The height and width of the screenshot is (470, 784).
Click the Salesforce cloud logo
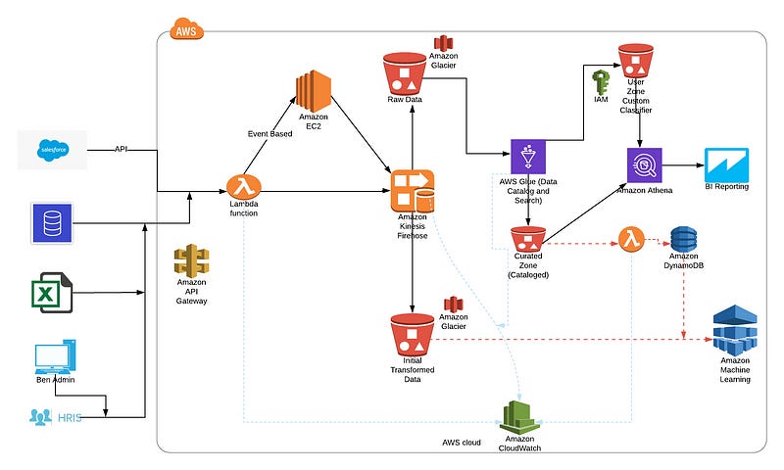(x=52, y=150)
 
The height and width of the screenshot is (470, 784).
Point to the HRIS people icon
(x=41, y=417)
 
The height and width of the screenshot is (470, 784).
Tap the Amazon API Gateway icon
(x=191, y=260)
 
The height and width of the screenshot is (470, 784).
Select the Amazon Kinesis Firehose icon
(x=412, y=190)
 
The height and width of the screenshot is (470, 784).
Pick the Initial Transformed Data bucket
(x=412, y=335)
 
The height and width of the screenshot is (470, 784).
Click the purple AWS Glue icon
(x=529, y=158)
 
